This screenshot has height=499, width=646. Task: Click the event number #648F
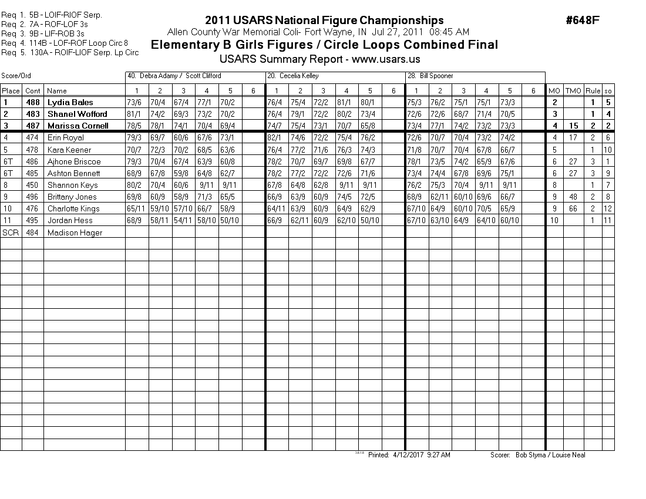(582, 21)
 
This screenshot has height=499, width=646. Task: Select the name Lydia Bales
(70, 102)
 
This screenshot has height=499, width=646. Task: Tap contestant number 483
(33, 114)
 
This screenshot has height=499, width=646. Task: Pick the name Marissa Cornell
(78, 126)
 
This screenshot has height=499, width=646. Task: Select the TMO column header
(573, 90)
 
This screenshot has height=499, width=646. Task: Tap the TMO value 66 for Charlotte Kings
(573, 208)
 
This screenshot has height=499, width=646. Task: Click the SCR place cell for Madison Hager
(11, 232)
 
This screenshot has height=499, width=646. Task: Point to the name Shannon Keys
(72, 185)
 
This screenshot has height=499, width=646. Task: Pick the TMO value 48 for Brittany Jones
(573, 197)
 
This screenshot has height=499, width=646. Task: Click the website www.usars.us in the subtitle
(386, 59)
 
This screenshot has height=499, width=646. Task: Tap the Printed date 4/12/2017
(406, 455)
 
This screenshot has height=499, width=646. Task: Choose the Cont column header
(33, 90)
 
